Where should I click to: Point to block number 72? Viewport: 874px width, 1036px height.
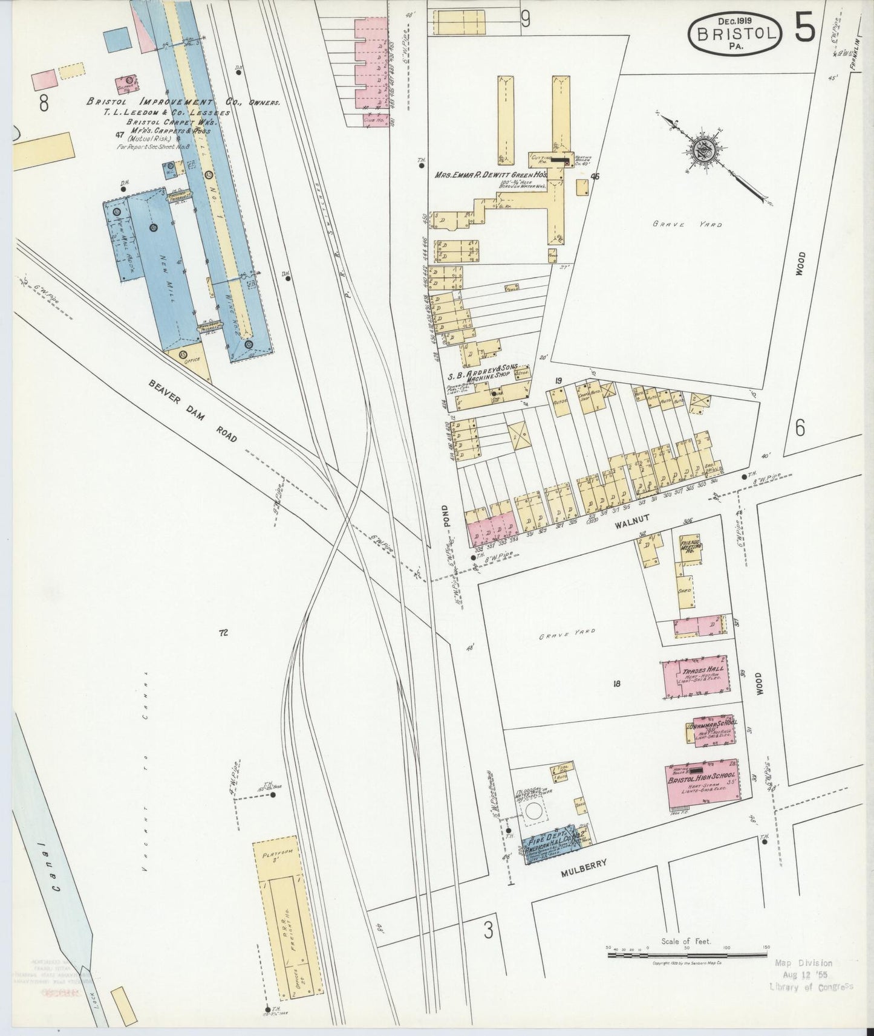coord(223,633)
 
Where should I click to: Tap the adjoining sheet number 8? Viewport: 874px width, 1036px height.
coord(43,104)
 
